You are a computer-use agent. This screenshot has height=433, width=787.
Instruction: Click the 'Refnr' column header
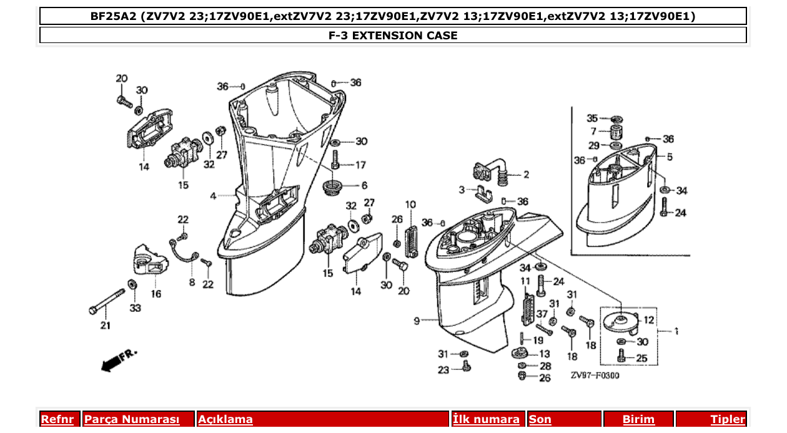[57, 419]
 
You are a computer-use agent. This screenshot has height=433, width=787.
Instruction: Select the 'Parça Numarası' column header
[132, 419]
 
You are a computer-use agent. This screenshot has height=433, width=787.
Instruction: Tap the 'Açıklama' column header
[225, 419]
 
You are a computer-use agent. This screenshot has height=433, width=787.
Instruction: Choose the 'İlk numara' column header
[486, 419]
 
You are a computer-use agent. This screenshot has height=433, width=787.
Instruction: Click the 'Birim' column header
[638, 419]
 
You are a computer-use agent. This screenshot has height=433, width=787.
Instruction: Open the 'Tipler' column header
[728, 419]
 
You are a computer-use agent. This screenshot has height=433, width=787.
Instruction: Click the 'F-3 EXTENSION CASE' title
[393, 36]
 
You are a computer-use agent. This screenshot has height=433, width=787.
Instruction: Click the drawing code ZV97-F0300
[595, 376]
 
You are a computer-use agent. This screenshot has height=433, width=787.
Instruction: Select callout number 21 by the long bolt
[105, 325]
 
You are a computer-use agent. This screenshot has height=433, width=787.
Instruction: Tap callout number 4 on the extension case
[213, 196]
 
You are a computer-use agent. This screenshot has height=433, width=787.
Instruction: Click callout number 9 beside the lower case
[416, 321]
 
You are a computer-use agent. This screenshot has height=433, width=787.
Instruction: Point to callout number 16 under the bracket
[156, 293]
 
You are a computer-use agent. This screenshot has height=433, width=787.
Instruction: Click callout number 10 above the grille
[410, 204]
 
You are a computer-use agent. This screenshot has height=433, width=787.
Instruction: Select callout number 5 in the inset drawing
[669, 157]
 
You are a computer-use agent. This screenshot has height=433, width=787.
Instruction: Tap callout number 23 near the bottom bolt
[443, 369]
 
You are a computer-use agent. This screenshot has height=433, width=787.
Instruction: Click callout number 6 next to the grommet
[364, 185]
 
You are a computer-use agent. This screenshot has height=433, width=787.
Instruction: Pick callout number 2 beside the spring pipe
[526, 175]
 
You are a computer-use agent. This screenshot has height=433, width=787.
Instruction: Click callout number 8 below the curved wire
[192, 282]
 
